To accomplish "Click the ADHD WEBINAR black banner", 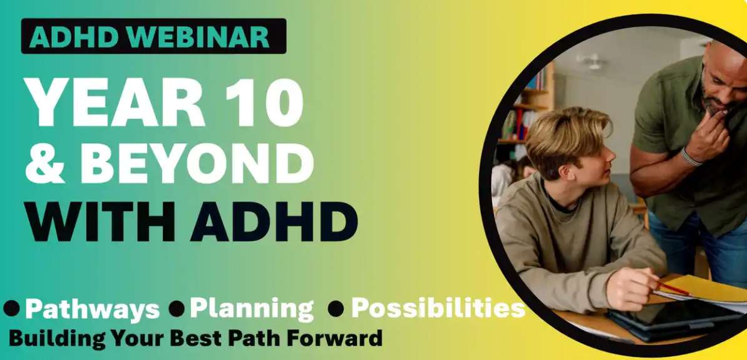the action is pyautogui.click(x=153, y=36).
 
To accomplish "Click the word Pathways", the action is pyautogui.click(x=92, y=309).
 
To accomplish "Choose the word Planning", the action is pyautogui.click(x=252, y=309).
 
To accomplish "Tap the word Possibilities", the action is pyautogui.click(x=438, y=309).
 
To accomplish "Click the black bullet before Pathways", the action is pyautogui.click(x=11, y=309).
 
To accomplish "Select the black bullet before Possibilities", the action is pyautogui.click(x=336, y=309).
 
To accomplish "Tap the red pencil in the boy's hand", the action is pyautogui.click(x=672, y=287).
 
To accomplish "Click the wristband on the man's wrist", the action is pyautogui.click(x=690, y=157).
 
